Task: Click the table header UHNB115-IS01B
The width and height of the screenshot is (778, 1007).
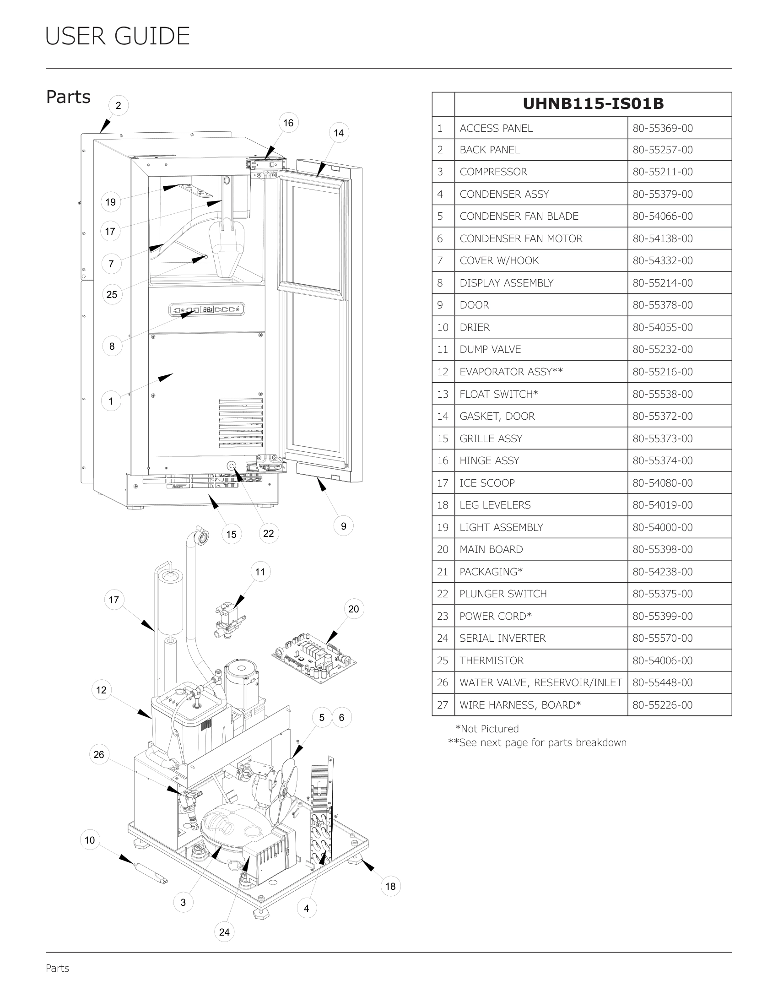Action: coord(593,104)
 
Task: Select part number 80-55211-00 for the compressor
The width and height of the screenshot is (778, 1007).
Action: coord(662,172)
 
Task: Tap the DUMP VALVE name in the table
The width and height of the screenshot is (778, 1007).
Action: coord(490,350)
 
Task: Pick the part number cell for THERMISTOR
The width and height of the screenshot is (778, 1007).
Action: coord(662,661)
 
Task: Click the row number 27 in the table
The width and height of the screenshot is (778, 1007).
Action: coord(443,705)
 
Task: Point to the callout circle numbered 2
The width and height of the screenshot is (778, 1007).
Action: coord(119,106)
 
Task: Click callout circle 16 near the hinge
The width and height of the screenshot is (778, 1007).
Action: coord(288,123)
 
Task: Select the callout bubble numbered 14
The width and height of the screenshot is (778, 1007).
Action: coord(339,133)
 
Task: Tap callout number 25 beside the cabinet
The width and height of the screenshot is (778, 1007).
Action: coord(112,295)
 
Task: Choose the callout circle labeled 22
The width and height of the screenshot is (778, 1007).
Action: coord(268,533)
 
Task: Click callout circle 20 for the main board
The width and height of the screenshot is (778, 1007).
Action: coord(353,609)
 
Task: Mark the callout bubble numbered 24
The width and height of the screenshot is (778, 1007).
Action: coord(224,932)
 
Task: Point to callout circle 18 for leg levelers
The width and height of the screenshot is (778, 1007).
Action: coord(390,886)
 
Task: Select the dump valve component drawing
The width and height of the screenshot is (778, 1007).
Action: coord(229,619)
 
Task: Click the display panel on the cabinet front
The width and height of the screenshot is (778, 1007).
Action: coord(207,309)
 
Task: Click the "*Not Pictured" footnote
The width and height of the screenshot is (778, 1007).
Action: coord(487,729)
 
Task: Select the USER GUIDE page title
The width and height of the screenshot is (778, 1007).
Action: coord(118,37)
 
